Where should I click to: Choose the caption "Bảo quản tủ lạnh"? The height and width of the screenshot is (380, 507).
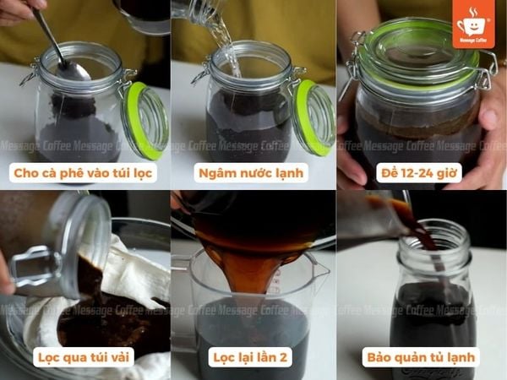420,357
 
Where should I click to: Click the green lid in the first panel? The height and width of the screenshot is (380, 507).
143,119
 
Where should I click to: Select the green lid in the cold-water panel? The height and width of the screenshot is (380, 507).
313,118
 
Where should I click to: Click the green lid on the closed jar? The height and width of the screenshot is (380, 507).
417,51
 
